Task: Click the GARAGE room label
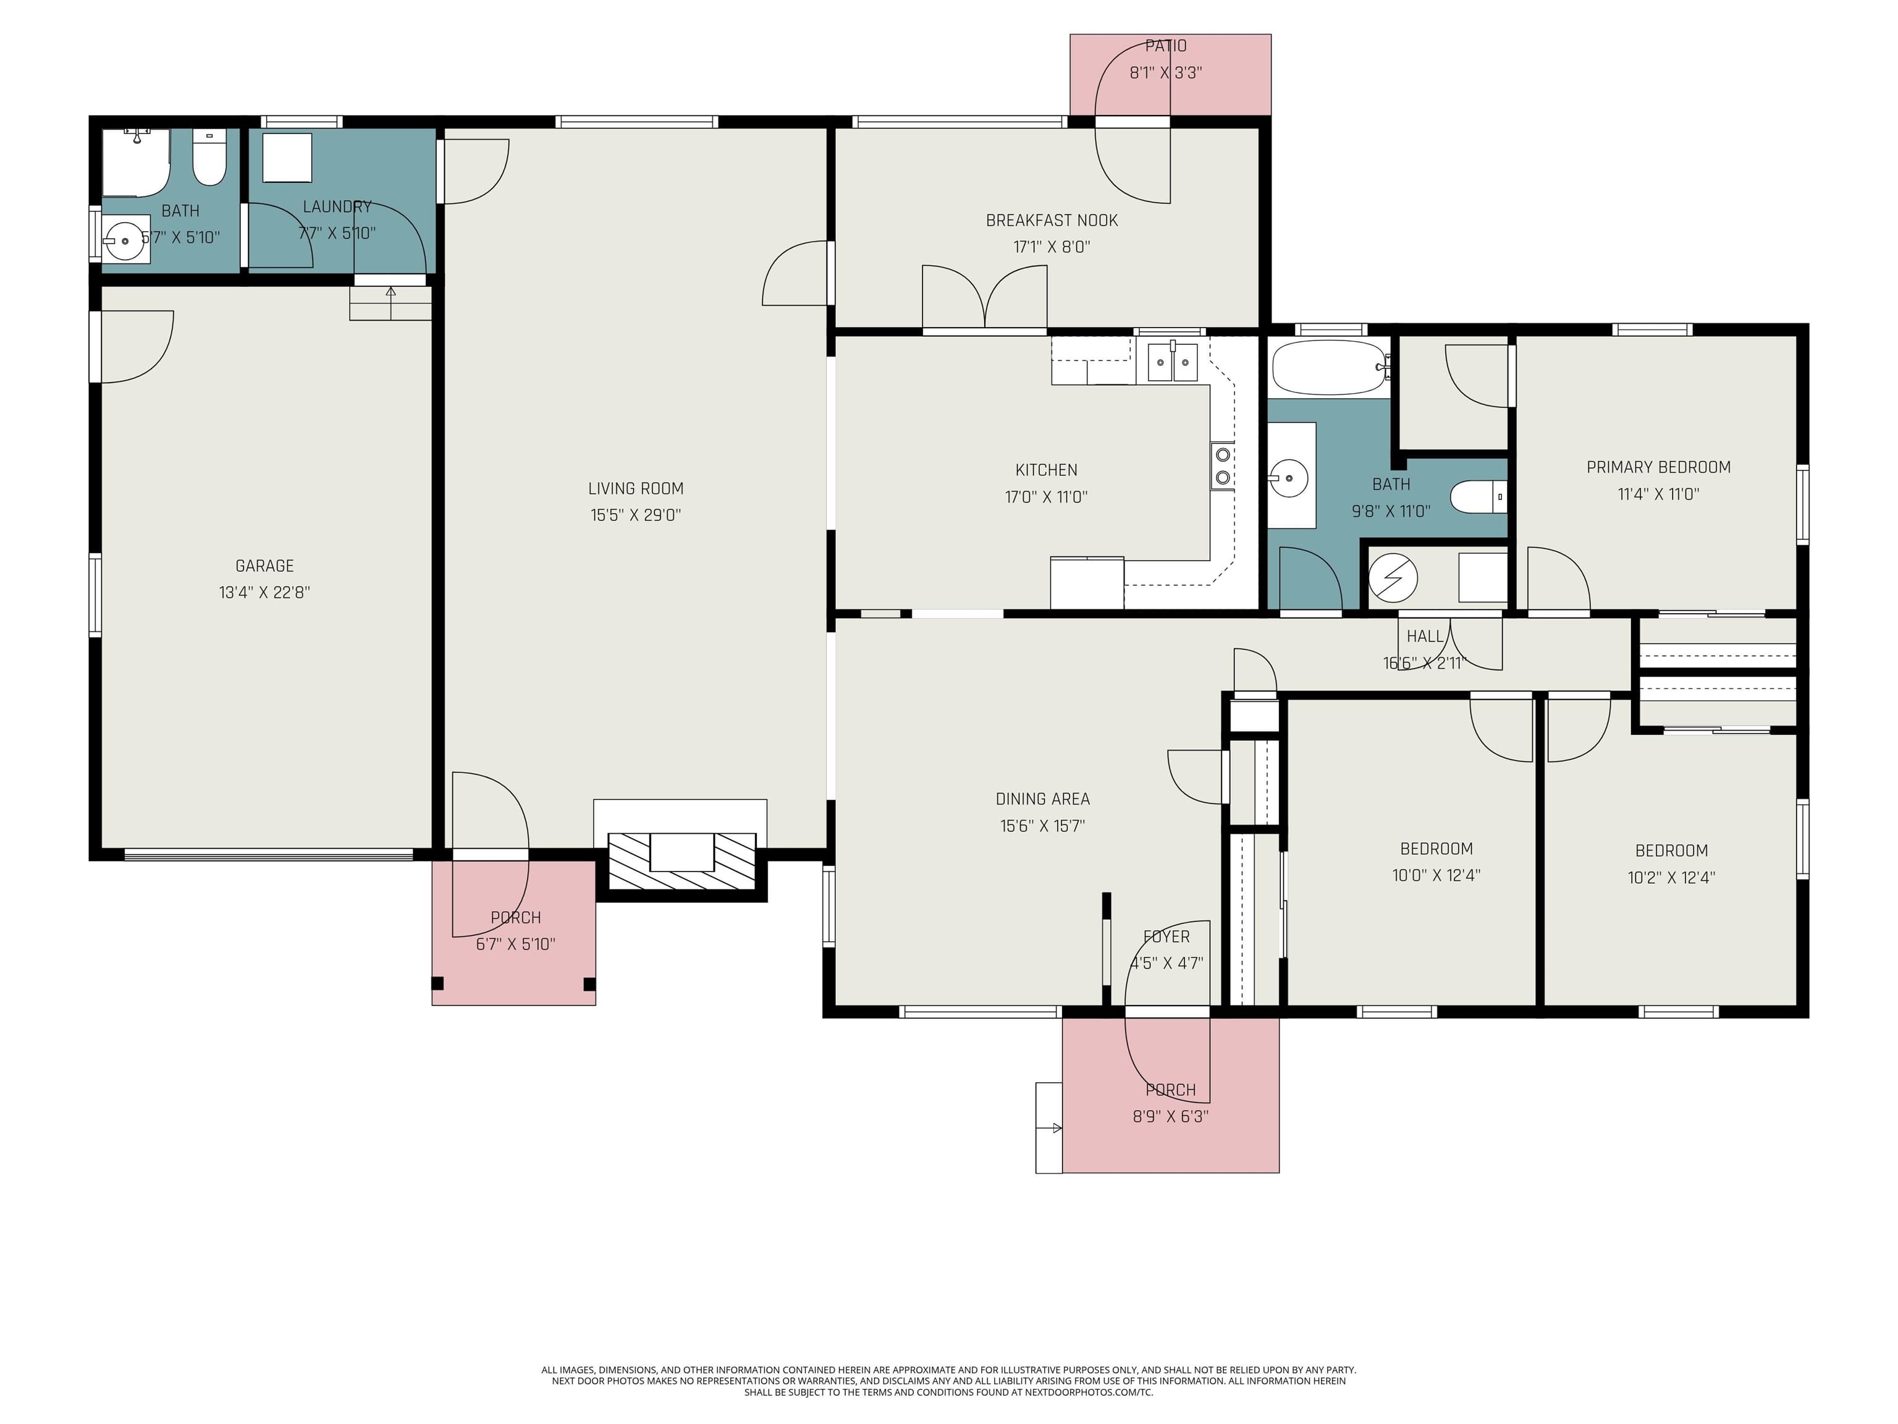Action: tap(264, 566)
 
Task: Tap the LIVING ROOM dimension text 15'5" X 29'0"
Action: tap(635, 515)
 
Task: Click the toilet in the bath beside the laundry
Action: tap(208, 159)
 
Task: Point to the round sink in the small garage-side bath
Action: tap(125, 241)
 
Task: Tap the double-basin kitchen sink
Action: tap(1172, 362)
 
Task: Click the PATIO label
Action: tap(1165, 46)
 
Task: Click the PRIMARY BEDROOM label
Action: tap(1658, 467)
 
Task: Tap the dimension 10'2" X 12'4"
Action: tap(1671, 877)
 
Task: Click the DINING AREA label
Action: tap(1042, 799)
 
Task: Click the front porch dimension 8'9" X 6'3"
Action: tap(1170, 1116)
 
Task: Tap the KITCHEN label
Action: tap(1046, 470)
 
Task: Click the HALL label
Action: tap(1424, 636)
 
